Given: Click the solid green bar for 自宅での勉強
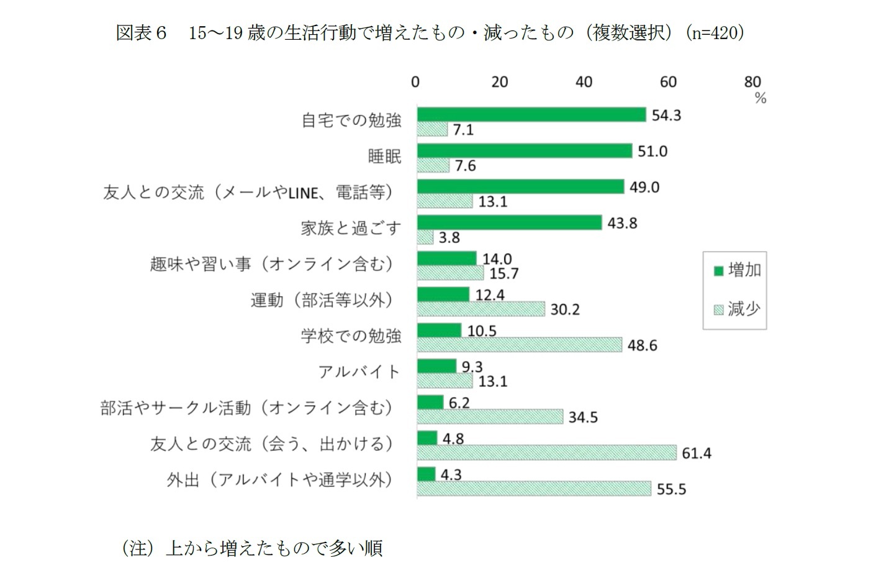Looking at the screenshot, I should [531, 114].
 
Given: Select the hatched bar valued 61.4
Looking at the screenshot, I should [546, 453].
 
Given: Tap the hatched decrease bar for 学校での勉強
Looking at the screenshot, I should [519, 345].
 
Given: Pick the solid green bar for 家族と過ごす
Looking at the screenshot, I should [509, 222].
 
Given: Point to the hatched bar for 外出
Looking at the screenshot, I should [534, 489].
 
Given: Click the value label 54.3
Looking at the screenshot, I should [666, 115].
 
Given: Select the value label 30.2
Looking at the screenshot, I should [565, 309].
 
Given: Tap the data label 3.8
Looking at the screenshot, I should [449, 238].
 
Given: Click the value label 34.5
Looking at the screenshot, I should [583, 417].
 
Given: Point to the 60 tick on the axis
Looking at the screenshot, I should [668, 82].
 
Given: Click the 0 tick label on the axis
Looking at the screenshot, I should [415, 82].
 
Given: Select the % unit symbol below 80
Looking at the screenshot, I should [761, 98].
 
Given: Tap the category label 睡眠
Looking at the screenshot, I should [384, 157].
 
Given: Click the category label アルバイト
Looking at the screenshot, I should [359, 372].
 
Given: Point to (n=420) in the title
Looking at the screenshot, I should [715, 32].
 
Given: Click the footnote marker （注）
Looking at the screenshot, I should [137, 548].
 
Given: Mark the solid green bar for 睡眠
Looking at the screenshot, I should [525, 151].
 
